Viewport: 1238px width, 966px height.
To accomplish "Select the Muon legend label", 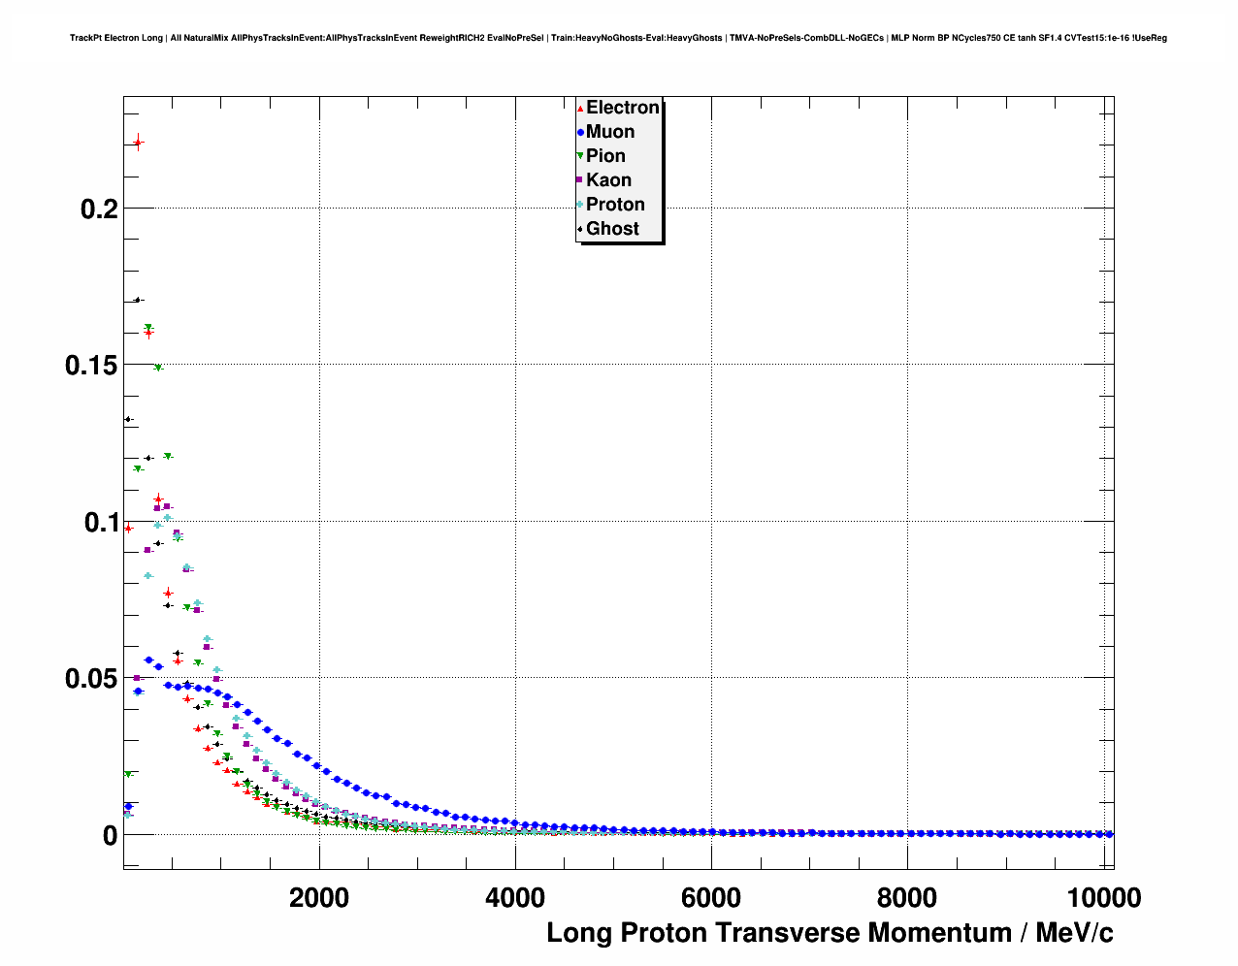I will [x=609, y=132].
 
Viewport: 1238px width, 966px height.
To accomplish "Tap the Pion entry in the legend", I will [x=605, y=156].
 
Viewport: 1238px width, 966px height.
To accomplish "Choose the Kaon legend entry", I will [x=608, y=180].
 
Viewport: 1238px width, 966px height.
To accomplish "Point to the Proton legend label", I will [x=615, y=205].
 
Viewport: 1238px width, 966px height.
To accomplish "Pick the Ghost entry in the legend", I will [x=612, y=229].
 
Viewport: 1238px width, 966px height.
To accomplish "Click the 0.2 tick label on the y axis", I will [x=99, y=209].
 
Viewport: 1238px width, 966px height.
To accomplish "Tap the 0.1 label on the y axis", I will [x=99, y=523].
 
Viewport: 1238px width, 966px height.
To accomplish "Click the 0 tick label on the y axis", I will [x=110, y=836].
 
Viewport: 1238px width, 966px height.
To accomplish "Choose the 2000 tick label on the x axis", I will [x=319, y=898].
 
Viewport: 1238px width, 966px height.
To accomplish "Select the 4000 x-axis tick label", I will [x=515, y=898].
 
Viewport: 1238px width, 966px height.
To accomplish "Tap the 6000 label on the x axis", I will [x=711, y=898].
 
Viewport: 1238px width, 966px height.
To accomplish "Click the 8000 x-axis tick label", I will [x=907, y=898].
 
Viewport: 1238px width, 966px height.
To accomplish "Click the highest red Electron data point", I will [x=138, y=144].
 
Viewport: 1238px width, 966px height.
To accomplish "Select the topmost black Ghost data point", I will [x=138, y=300].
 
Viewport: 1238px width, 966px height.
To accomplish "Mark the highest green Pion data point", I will [x=148, y=328].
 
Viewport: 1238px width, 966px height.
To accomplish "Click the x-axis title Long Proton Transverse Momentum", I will [x=830, y=933].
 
